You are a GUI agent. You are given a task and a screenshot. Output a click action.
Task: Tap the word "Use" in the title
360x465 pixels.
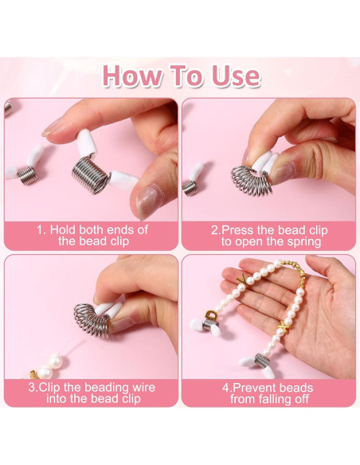click(x=234, y=76)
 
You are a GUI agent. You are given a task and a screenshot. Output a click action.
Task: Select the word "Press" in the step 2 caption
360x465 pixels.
click(x=241, y=229)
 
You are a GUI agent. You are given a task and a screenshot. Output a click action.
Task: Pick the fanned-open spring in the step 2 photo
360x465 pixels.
click(x=248, y=179)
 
